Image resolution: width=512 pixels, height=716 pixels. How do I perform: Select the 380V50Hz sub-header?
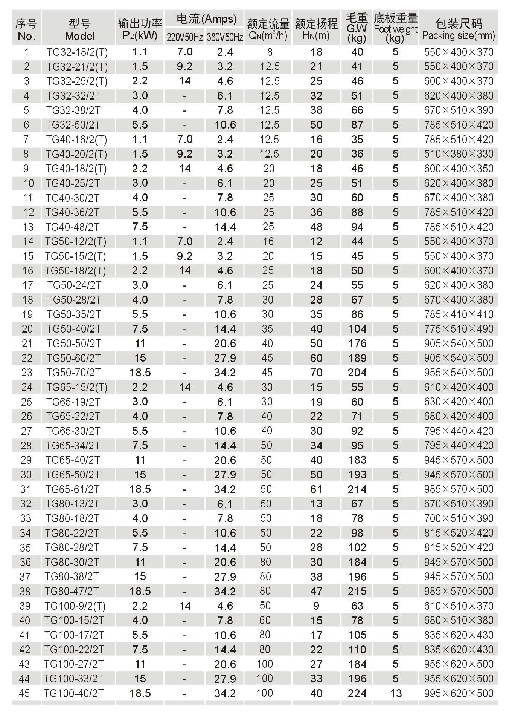coord(225,37)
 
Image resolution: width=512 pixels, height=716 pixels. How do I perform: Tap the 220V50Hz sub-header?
coord(184,37)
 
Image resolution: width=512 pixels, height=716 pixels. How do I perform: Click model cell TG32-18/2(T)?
coord(77,52)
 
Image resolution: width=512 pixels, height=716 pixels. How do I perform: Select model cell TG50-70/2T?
coord(74,373)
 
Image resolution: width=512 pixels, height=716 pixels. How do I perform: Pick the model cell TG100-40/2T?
coord(74,693)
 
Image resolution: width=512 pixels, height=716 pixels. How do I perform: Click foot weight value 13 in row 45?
coord(396,693)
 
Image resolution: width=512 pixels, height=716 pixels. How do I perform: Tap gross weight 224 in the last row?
coord(357,693)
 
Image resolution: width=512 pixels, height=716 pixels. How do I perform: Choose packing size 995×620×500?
coord(459,693)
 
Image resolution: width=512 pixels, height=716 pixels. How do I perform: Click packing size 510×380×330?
coord(459,154)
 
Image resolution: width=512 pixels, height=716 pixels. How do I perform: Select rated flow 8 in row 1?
coord(269,52)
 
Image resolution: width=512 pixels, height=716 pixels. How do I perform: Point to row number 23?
coord(27,373)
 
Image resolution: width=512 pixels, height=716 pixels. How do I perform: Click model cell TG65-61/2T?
coord(73,489)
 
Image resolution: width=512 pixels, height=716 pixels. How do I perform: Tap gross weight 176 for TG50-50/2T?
coord(357,343)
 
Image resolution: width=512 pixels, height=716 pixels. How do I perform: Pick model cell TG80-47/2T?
coord(72,591)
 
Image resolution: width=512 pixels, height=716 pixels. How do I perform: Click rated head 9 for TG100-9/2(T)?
coord(316,606)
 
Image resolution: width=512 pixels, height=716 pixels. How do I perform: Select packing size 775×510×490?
coord(459,329)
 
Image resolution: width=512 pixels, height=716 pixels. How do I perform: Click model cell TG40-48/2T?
coord(73,227)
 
